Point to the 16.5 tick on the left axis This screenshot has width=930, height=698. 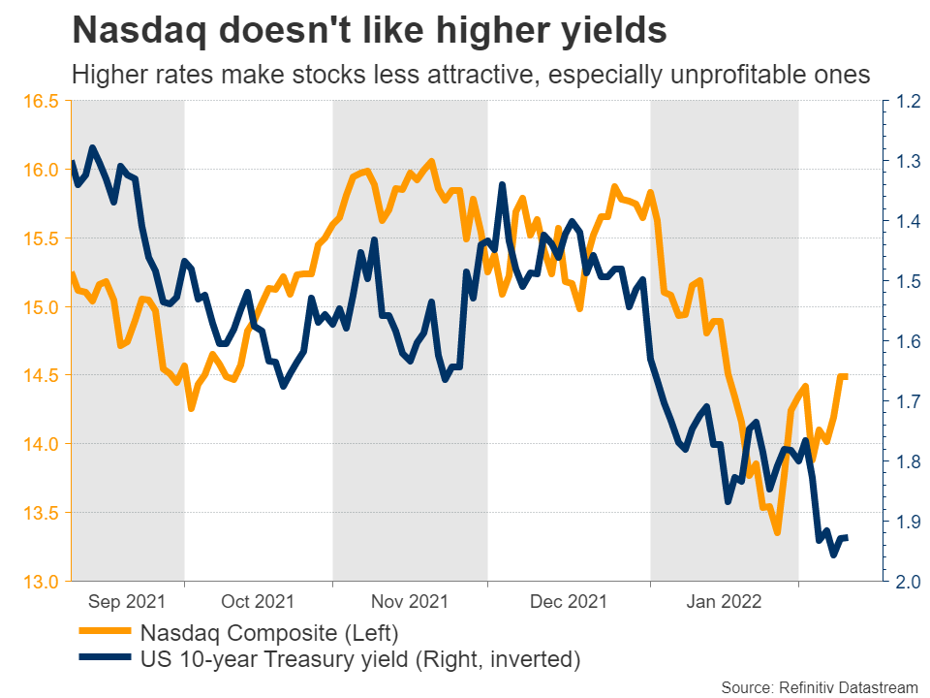point(40,101)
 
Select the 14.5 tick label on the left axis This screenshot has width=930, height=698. point(40,375)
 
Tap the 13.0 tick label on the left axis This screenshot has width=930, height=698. point(40,582)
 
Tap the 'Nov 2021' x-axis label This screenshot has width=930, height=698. point(409,602)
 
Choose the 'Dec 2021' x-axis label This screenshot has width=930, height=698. point(568,602)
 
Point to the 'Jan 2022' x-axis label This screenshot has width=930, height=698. point(723,602)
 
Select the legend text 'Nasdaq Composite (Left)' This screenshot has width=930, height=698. point(268,635)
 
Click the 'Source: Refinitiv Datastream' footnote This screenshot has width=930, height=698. point(821,687)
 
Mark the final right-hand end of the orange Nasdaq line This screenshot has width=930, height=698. point(846,376)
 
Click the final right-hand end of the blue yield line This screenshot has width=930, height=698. point(847,538)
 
